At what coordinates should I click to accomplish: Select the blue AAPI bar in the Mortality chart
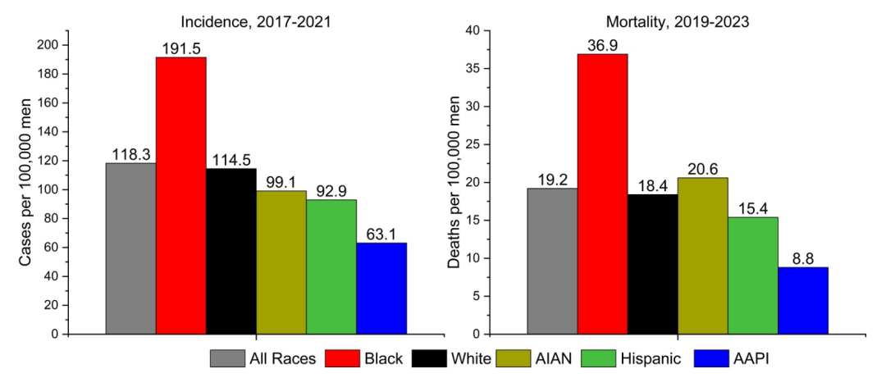point(802,300)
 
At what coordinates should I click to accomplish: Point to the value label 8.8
point(802,258)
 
